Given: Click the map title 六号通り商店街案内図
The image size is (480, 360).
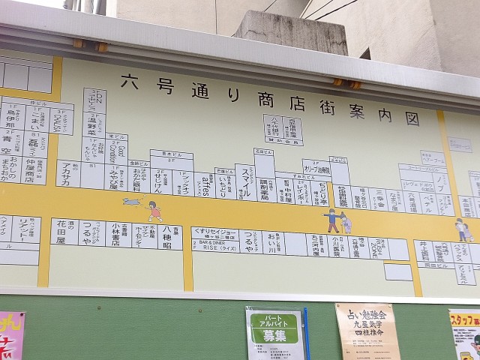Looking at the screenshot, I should click(x=270, y=92).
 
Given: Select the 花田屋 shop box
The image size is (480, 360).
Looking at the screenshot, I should click(x=62, y=234).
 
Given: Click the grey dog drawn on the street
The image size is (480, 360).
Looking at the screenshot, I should click(x=133, y=201).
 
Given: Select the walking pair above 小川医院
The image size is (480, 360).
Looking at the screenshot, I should click(x=338, y=220).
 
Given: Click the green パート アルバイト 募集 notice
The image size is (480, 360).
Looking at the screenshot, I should click(x=274, y=333).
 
